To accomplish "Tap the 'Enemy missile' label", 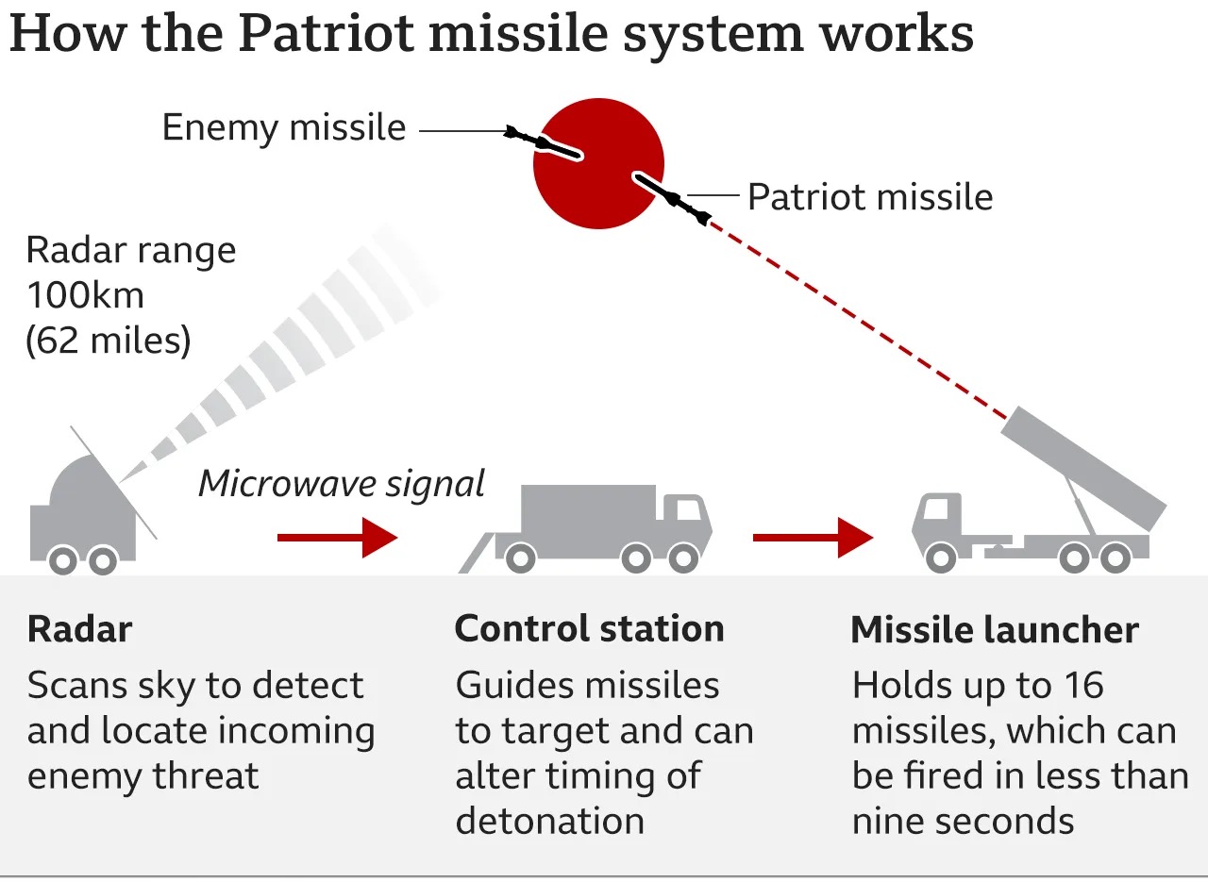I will point(283,127).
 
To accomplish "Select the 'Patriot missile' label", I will point(869,197).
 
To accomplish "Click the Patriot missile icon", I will point(672,197).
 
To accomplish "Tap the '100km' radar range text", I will point(85,295).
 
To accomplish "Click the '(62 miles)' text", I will point(108,340).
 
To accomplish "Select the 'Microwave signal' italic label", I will point(341,483).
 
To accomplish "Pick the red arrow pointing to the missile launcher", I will point(813,538).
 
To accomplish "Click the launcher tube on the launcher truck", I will point(1082,466).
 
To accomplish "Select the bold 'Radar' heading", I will point(79,629).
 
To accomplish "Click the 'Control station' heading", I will point(589,629).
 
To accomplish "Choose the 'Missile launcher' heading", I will point(995,630).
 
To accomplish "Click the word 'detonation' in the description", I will point(549,821).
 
